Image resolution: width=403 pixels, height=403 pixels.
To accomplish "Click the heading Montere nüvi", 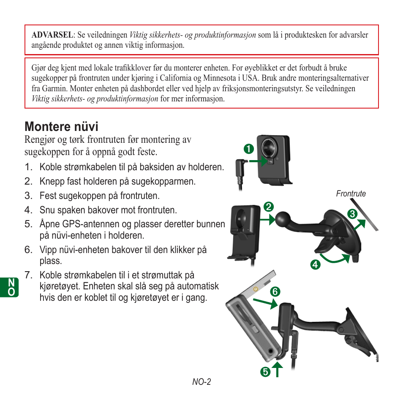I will coord(61,126).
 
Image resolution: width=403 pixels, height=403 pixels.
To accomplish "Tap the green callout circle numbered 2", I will coord(267,207).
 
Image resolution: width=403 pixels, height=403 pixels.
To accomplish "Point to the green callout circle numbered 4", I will coord(314,265).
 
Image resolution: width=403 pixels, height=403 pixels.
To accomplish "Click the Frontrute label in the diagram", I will coord(351,193).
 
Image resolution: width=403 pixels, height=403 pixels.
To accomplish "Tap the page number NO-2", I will coord(201,382).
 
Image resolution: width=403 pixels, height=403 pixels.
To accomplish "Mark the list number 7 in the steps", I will coord(28,275).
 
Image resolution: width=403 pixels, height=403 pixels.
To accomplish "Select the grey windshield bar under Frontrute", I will coord(369,220).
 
